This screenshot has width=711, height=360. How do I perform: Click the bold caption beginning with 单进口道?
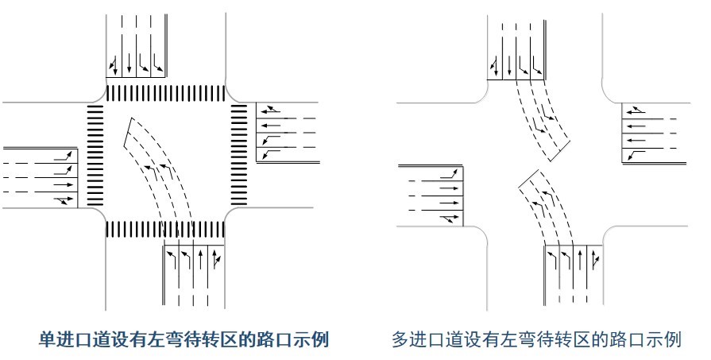click(184, 340)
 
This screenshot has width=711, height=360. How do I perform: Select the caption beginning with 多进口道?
click(536, 340)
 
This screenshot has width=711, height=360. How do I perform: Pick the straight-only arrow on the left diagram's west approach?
click(64, 184)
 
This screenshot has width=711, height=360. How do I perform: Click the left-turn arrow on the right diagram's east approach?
click(636, 155)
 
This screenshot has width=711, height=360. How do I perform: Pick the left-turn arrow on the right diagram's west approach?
click(450, 173)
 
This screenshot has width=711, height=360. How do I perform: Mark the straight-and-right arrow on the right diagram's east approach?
click(636, 110)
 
